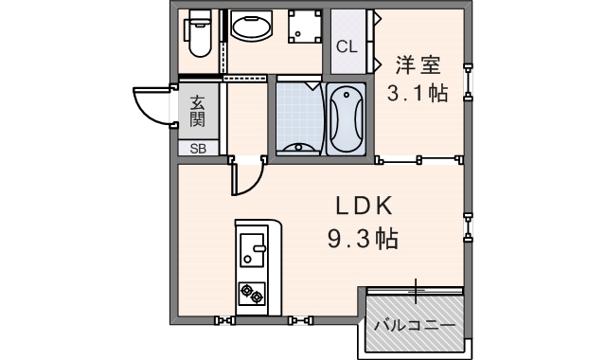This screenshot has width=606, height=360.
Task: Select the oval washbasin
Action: coord(251,29)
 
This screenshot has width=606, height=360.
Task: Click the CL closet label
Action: coord(347,45)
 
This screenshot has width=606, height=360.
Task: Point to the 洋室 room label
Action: coord(418,65)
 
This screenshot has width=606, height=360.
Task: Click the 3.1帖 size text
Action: coord(418,95)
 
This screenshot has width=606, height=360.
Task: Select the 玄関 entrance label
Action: coord(197,110)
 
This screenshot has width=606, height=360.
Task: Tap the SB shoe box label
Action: coord(197,148)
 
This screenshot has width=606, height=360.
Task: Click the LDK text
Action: coord(361,207)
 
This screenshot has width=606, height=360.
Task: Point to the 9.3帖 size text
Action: coord(362,238)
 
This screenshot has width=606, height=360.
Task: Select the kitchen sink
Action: coord(253,250)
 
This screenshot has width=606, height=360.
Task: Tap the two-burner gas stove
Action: coord(253,294)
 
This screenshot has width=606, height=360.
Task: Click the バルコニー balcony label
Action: coord(414,325)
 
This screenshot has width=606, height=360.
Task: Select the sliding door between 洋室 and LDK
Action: coord(419,159)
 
